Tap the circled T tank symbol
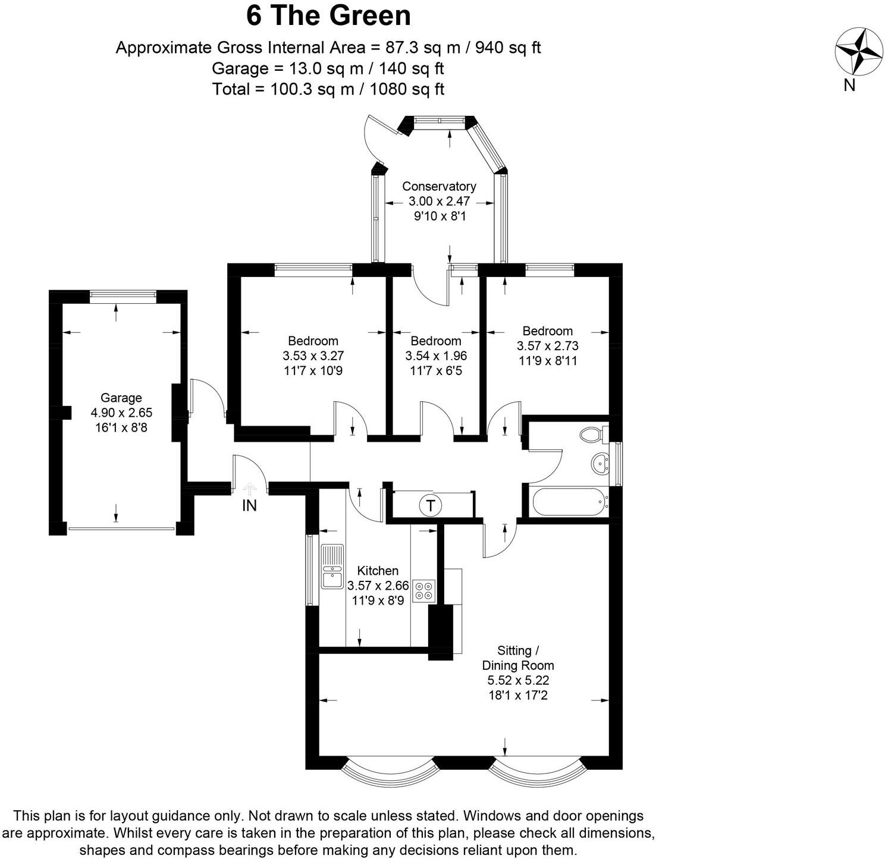(430, 506)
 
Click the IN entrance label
(249, 506)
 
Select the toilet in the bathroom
(592, 435)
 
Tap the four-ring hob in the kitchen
(424, 590)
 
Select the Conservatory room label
(439, 186)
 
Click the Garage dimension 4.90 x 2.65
(121, 413)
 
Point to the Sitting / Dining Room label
(518, 657)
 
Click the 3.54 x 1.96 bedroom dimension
(436, 356)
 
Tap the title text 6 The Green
(328, 15)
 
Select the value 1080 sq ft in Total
(407, 90)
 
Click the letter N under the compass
(849, 86)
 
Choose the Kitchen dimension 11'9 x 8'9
(378, 600)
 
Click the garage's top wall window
(123, 294)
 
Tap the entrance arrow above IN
(249, 489)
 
